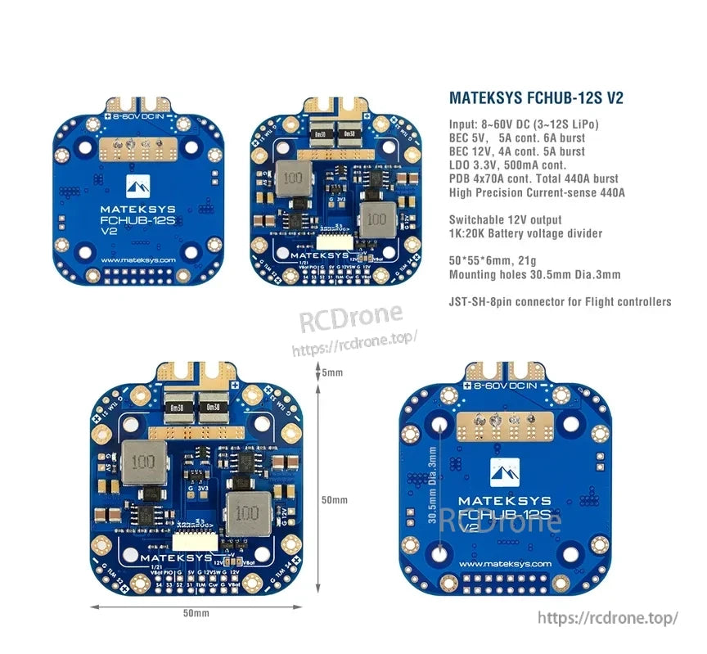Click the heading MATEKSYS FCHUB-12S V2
pos(536,98)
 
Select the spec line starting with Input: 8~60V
pos(524,124)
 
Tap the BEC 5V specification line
pos(517,138)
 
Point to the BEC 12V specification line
pos(517,151)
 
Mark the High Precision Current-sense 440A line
pos(537,192)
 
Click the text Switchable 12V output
pos(506,219)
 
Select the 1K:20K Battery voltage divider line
pos(526,233)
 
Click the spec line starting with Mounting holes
pos(534,274)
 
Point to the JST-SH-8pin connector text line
pos(560,301)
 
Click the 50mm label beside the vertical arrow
pos(334,500)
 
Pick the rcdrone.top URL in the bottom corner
pos(610,618)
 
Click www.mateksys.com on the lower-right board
pos(504,565)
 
